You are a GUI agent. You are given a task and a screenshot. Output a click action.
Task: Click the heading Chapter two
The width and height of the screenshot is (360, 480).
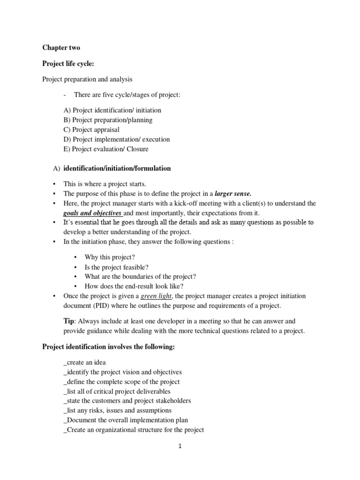tap(61, 47)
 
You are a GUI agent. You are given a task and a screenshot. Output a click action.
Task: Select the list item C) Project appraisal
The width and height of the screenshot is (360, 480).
tap(91, 129)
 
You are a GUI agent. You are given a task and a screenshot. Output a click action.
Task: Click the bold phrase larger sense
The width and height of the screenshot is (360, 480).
tap(233, 193)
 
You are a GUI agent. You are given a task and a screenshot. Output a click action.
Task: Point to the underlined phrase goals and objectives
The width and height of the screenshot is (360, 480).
tap(92, 212)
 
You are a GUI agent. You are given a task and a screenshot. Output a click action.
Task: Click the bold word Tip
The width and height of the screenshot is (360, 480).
tap(68, 321)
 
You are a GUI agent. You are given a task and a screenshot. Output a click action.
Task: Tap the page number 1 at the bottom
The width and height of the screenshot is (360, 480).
tap(180, 446)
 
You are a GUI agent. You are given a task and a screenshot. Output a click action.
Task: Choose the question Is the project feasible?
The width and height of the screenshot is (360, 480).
tap(116, 267)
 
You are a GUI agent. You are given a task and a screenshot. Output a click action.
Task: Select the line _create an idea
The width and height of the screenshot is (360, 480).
tap(84, 362)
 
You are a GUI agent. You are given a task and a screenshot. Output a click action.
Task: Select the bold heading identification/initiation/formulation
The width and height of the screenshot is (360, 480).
tap(117, 168)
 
